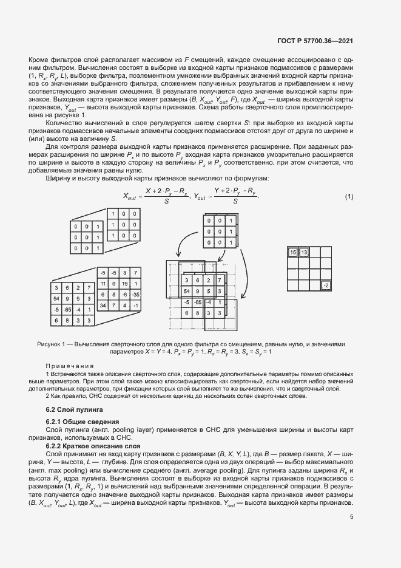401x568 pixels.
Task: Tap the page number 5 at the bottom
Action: pos(352,534)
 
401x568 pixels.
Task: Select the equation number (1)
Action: pos(349,196)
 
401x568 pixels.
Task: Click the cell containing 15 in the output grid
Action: pos(293,252)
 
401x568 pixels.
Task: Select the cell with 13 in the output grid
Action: pos(304,252)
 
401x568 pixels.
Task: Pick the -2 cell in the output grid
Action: pos(326,285)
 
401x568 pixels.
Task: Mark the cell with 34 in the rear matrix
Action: pos(103,305)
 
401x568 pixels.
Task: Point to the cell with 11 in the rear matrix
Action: pos(103,284)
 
